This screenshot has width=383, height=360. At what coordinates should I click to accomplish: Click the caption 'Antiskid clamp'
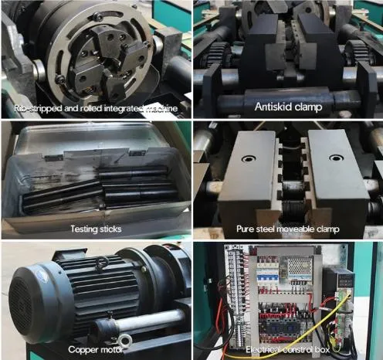coord(288,107)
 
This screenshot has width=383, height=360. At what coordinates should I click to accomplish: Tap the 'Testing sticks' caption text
coord(95,229)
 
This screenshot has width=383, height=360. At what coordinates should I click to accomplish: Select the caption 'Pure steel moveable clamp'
coord(288,229)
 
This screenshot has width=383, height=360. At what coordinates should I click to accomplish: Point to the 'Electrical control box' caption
coord(288,350)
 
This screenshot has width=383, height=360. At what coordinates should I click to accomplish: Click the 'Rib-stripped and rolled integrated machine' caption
coord(95,108)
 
